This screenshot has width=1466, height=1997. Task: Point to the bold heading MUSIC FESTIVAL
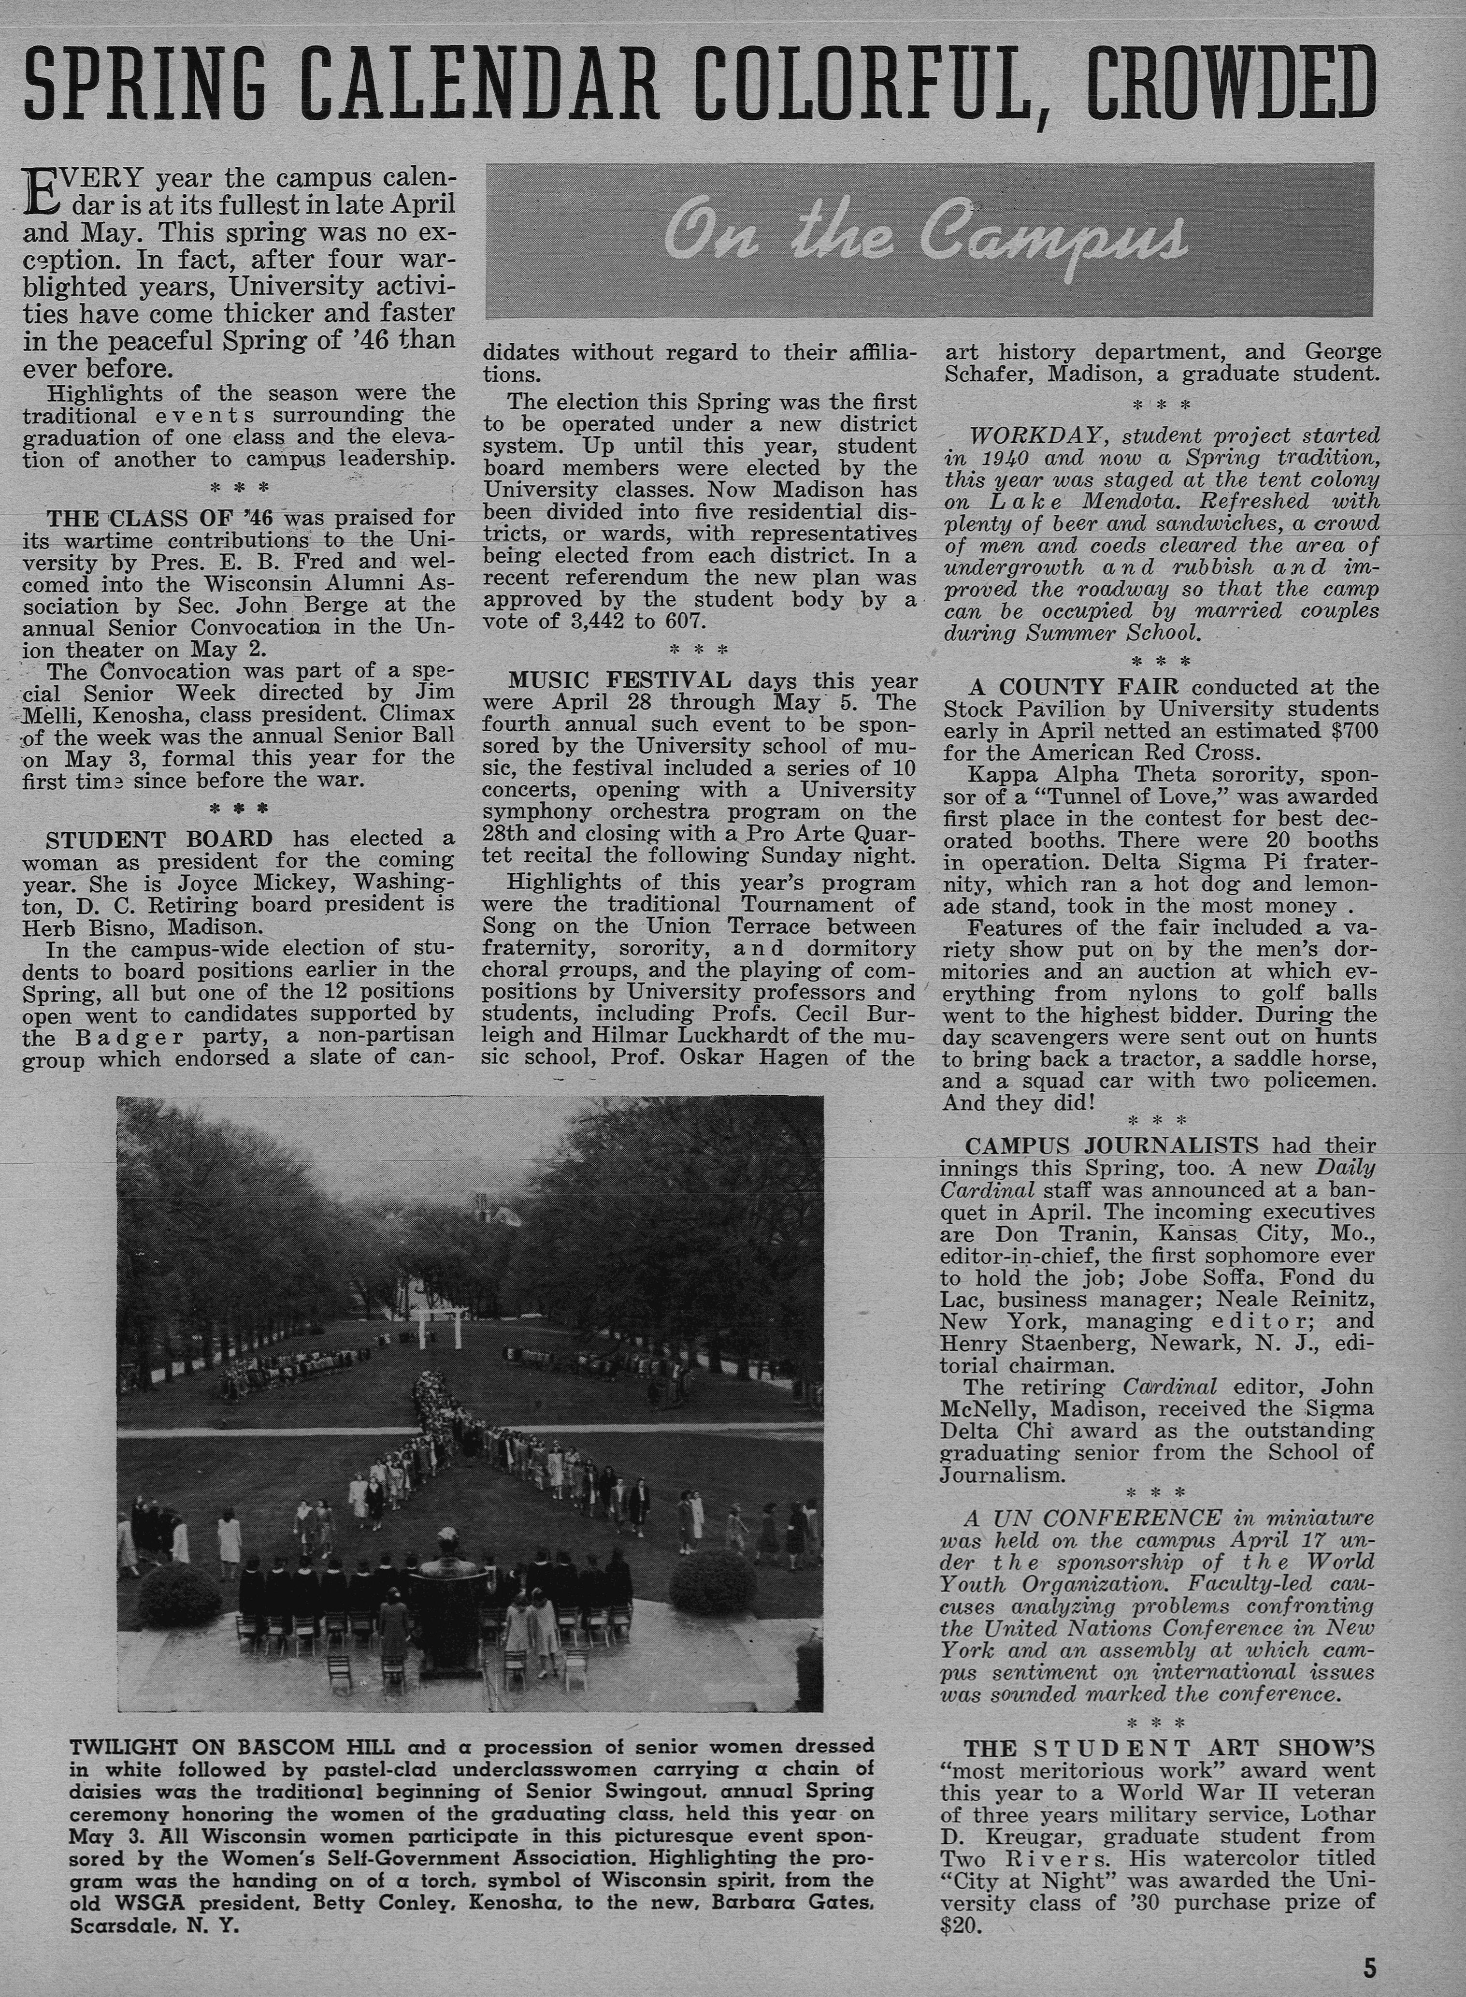(x=619, y=681)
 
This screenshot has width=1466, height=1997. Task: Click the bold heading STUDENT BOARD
(x=160, y=839)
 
